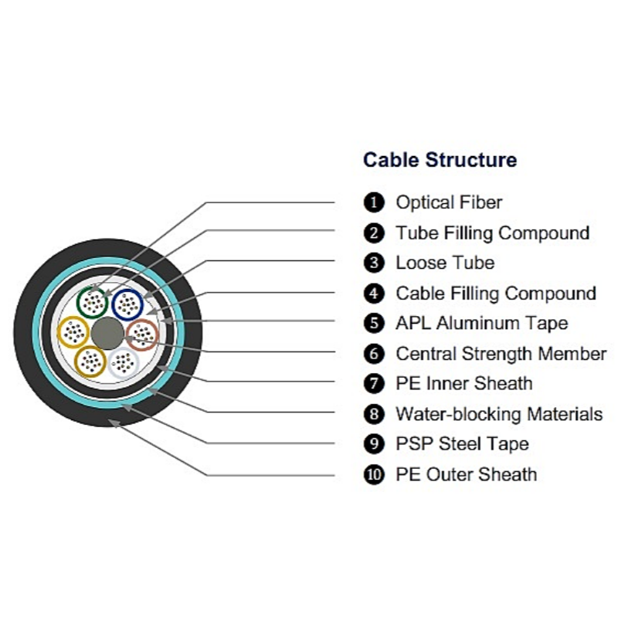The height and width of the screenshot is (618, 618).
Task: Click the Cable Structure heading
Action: (440, 160)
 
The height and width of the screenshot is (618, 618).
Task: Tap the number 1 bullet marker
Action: (374, 202)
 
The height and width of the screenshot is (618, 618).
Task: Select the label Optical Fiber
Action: (449, 202)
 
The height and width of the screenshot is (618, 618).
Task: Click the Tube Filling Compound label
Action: (493, 233)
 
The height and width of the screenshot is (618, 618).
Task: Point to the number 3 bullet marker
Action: (374, 263)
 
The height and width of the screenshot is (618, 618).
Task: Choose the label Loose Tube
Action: (445, 263)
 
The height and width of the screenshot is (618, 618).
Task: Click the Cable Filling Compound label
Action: (496, 294)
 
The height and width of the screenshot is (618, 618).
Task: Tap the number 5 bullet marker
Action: (374, 323)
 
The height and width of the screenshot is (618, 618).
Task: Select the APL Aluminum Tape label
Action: (481, 324)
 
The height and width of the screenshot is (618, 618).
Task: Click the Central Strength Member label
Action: (501, 354)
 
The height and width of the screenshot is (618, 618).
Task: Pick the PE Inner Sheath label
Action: (464, 383)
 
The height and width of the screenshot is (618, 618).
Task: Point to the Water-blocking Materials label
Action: (499, 414)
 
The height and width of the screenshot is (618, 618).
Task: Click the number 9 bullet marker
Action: (374, 443)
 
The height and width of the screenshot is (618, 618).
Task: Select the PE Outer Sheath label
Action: (467, 474)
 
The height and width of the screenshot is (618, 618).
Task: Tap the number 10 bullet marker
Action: (374, 474)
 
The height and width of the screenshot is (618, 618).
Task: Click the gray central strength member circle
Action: (107, 334)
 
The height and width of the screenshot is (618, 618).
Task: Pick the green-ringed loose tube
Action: (77, 304)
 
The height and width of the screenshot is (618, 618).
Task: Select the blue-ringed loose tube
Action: (114, 305)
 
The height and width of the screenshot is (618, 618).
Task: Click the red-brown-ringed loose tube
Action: (127, 335)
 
